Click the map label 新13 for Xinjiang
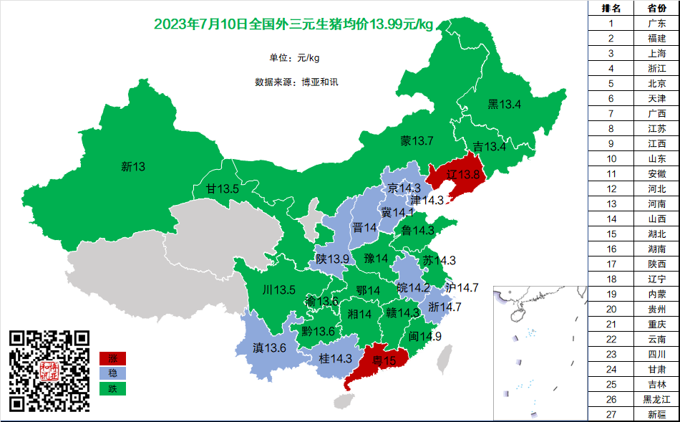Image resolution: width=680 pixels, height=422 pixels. pyautogui.click(x=133, y=167)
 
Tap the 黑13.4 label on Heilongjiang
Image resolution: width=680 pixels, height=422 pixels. pyautogui.click(x=504, y=105)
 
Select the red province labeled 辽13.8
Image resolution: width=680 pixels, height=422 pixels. pyautogui.click(x=456, y=174)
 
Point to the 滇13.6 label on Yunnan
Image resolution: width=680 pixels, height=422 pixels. pyautogui.click(x=270, y=347)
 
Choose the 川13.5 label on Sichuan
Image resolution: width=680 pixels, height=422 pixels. pyautogui.click(x=279, y=290)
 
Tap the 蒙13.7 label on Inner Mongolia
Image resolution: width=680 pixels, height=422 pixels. pyautogui.click(x=417, y=140)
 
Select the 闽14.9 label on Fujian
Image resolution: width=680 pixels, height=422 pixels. pyautogui.click(x=425, y=336)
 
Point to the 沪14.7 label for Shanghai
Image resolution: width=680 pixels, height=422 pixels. pyautogui.click(x=462, y=287)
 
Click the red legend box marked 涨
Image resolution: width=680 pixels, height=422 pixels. pyautogui.click(x=112, y=358)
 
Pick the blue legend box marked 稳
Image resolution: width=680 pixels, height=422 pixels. pyautogui.click(x=112, y=373)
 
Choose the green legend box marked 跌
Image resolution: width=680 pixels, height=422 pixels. pyautogui.click(x=112, y=389)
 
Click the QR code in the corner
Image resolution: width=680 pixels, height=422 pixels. pyautogui.click(x=49, y=370)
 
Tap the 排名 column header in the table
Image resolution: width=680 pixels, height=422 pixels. pyautogui.click(x=611, y=8)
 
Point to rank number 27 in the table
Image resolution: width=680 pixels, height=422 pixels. pyautogui.click(x=611, y=414)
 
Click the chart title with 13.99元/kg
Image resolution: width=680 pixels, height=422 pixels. pyautogui.click(x=293, y=25)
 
